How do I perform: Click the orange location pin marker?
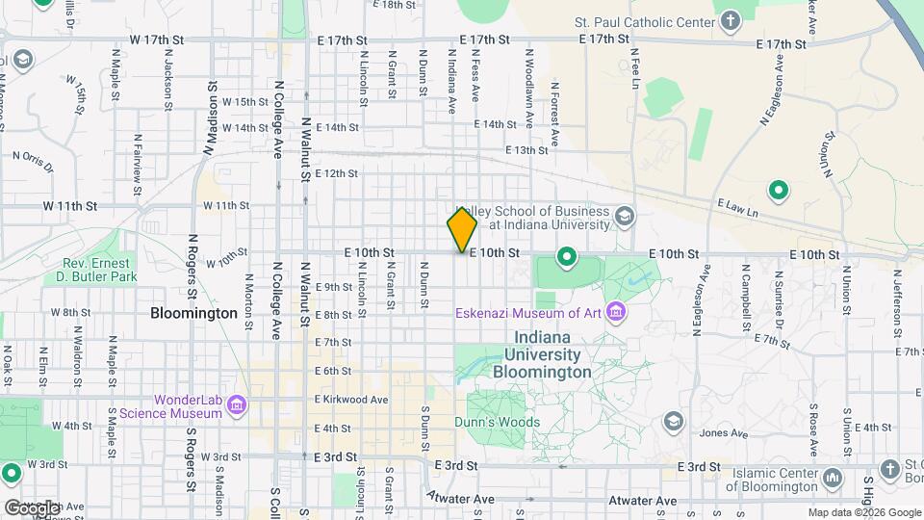click(462, 229)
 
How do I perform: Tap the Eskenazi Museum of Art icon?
click(616, 312)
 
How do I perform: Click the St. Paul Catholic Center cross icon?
click(731, 21)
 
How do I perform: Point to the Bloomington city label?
click(193, 313)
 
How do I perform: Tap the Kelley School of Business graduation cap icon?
click(626, 217)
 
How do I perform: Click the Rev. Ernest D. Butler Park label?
click(100, 270)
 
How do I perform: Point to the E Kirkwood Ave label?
click(351, 400)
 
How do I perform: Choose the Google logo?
click(32, 507)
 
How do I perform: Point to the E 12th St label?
click(336, 173)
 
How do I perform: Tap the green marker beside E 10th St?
click(567, 257)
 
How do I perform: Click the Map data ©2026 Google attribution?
click(863, 512)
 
